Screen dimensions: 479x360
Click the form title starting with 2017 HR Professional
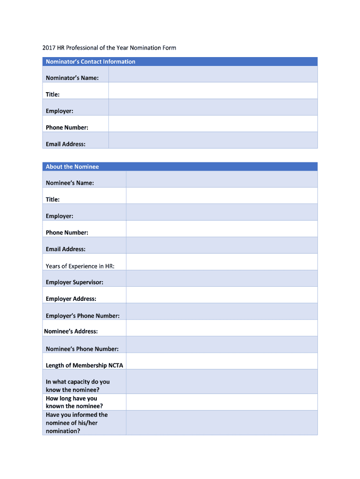109,48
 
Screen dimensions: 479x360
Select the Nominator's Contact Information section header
90,62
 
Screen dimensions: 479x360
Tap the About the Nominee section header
72,167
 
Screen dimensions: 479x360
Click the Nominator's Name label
72,78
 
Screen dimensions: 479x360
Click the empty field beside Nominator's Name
213,74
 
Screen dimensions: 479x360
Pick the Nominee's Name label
70,183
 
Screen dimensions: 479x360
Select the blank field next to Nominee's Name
222,179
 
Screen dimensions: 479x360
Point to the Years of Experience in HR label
80,266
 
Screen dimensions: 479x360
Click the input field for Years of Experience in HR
222,262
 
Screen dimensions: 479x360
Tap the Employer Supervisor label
74,283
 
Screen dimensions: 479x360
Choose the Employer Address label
71,299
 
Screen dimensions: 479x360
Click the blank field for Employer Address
222,295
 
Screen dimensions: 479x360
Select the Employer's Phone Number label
83,316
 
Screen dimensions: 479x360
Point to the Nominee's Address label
71,332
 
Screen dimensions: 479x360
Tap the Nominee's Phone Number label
82,349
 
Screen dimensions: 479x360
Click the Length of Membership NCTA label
84,365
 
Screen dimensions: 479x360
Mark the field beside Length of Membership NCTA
222,361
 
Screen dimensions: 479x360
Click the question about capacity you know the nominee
78,386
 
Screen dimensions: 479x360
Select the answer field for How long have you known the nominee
222,402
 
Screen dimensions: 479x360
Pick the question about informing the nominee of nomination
77,423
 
